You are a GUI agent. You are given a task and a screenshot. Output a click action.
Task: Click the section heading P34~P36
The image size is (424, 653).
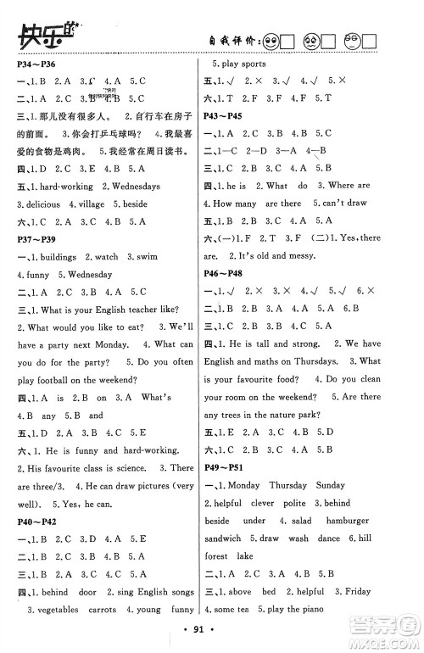(x=32, y=64)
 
